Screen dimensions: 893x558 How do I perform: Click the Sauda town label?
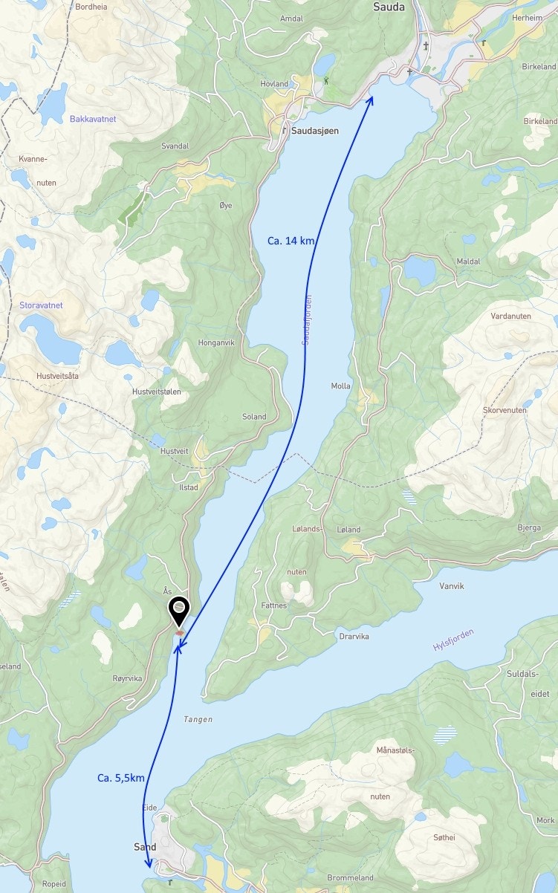pos(389,7)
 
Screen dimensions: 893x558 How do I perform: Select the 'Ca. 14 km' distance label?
pos(291,241)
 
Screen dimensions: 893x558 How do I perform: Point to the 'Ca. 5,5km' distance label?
pos(120,778)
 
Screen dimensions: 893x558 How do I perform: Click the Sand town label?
pos(145,847)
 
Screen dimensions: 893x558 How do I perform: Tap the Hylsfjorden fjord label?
pos(453,640)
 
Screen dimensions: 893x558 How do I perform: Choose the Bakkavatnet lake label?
pos(93,119)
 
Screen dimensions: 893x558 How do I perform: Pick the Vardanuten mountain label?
pos(511,315)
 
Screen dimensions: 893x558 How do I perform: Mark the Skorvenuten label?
pos(505,410)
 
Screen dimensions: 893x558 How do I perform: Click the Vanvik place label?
pos(451,586)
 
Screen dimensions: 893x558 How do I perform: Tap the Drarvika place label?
pos(354,637)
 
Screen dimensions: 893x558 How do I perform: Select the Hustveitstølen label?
pos(156,392)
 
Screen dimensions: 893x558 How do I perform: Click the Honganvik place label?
pos(216,342)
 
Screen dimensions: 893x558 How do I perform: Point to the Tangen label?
pos(198,719)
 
